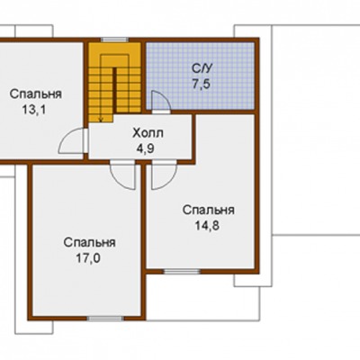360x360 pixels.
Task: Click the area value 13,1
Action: (x=34, y=110)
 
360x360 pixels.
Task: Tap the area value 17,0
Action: (x=88, y=258)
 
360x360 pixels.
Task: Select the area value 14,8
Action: (x=207, y=226)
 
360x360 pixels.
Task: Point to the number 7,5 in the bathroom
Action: (x=201, y=85)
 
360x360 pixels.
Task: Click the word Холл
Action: (x=148, y=133)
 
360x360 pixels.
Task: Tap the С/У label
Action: (x=202, y=68)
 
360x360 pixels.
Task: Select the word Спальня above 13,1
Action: (x=36, y=94)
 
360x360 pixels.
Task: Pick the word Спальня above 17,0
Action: (x=89, y=242)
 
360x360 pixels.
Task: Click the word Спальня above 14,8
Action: (x=209, y=210)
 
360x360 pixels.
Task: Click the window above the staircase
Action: (x=114, y=40)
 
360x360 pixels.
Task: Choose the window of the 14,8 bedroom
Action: (x=182, y=272)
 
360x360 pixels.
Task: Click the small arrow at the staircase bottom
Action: (x=101, y=119)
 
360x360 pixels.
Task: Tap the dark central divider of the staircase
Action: (x=114, y=91)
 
